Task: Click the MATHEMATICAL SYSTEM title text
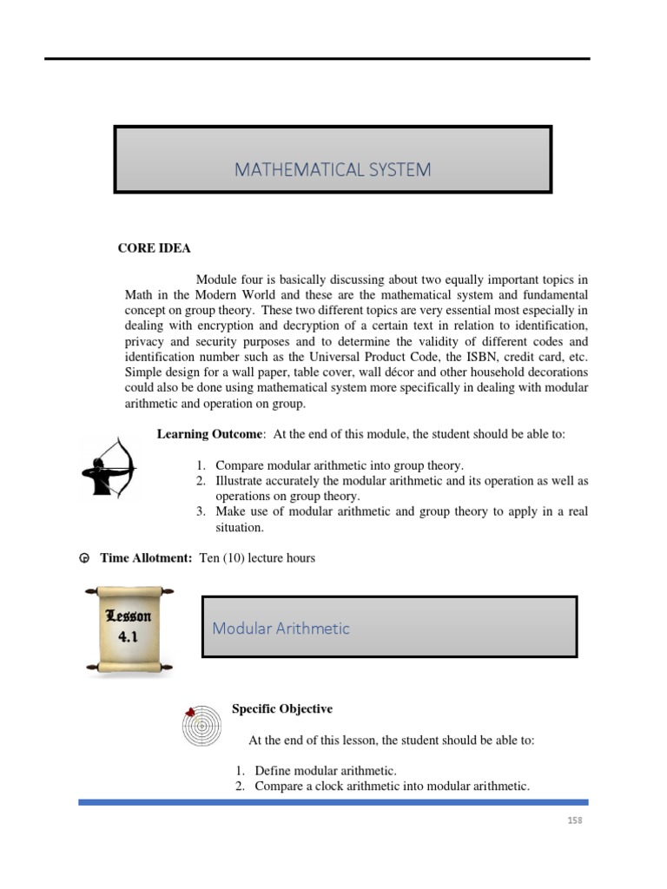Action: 333,170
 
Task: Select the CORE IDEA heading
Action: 154,248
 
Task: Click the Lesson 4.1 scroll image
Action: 129,629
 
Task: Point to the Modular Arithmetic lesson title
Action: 281,628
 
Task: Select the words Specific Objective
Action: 281,709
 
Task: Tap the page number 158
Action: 572,820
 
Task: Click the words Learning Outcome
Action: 208,434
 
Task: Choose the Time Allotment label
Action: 146,558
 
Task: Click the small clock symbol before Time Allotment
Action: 84,558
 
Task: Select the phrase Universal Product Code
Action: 391,357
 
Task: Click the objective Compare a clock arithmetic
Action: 392,787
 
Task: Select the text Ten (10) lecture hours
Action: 257,558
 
